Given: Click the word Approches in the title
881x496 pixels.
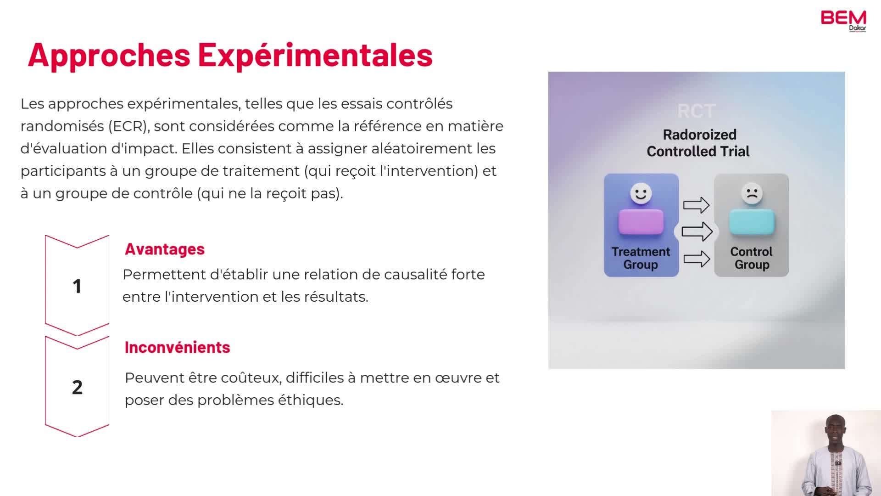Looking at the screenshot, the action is pos(109,55).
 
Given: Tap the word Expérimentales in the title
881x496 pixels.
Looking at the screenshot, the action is pos(315,55).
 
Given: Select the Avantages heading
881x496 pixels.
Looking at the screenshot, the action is pos(165,249).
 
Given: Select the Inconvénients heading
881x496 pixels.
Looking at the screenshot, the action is pos(177,347).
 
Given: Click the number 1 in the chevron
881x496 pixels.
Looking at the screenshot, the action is pos(77,286).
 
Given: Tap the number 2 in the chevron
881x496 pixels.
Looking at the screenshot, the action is pos(77,387).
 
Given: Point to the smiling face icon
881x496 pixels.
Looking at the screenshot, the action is pos(641,193).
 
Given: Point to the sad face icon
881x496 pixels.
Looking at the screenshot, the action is pos(752,193).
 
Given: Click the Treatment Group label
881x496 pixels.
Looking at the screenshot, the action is pos(641,258).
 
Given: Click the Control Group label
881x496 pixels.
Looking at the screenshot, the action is pos(752,258).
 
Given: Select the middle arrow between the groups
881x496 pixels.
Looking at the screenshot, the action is pos(697,231).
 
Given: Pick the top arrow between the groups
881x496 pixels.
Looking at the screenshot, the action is pos(696,205).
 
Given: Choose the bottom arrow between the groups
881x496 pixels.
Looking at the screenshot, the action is pos(697,259).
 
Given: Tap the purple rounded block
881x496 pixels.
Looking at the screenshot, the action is pos(641,222).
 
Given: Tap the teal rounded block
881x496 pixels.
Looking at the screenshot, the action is pos(752,222).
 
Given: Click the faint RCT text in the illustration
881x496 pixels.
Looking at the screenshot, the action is pos(697,111).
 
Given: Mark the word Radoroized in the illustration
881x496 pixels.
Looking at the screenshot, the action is pos(699,135).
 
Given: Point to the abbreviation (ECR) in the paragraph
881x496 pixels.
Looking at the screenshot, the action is pos(129,126).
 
